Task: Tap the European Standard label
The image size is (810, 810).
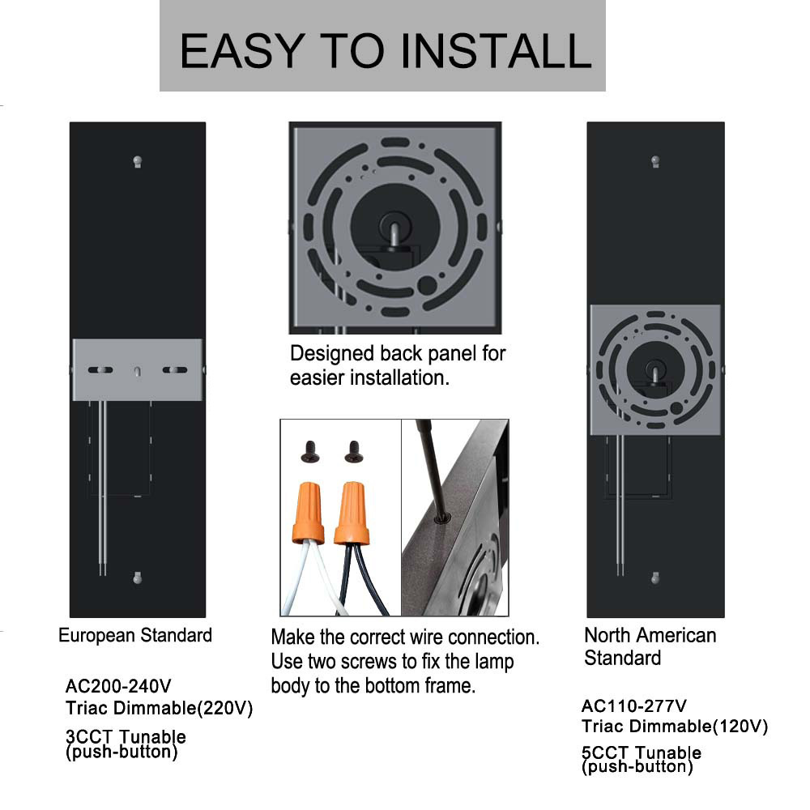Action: tap(135, 635)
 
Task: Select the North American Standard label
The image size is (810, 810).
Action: tap(650, 646)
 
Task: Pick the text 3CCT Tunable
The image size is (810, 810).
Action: tap(126, 737)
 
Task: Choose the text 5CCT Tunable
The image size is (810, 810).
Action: tap(642, 753)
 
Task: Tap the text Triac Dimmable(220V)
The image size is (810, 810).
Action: tap(160, 709)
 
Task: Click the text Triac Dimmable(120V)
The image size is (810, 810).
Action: tap(675, 727)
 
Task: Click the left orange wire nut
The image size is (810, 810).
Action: tap(308, 513)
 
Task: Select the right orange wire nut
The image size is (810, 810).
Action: tap(352, 513)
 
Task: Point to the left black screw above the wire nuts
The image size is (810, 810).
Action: tap(309, 451)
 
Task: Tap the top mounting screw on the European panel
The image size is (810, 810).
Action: tap(138, 161)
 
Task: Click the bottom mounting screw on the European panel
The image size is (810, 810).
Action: tap(138, 578)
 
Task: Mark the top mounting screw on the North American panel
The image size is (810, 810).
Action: tap(655, 162)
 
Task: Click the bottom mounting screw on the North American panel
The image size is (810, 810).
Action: tap(655, 578)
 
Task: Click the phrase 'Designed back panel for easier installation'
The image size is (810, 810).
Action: tap(397, 365)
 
